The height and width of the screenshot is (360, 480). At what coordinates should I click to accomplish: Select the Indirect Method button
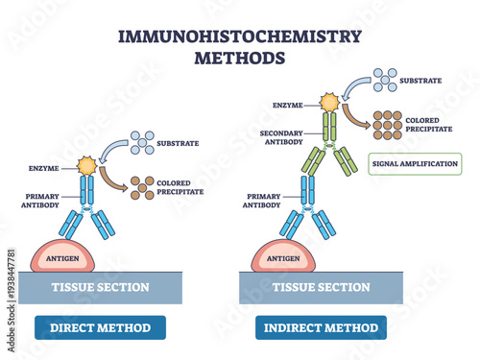(322, 327)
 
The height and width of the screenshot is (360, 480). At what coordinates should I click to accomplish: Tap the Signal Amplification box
(415, 163)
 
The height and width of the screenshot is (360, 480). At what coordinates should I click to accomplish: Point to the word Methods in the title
(239, 57)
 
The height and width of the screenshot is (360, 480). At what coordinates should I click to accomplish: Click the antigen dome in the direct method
(63, 256)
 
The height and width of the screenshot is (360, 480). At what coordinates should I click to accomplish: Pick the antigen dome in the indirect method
(283, 256)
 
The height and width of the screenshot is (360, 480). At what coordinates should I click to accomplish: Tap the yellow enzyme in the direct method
(87, 166)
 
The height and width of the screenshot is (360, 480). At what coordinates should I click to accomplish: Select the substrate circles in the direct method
(141, 142)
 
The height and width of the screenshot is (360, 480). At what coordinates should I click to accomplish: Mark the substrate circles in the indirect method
(385, 81)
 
